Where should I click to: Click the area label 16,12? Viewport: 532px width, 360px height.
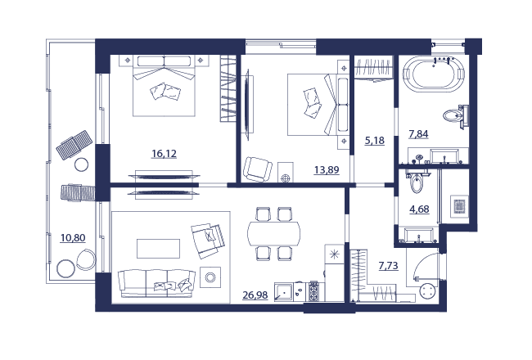164,154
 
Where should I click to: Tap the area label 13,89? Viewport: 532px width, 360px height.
327,169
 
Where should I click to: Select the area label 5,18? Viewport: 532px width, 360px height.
375,140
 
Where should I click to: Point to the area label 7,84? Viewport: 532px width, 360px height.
418,134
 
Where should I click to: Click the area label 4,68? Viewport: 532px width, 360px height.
419,209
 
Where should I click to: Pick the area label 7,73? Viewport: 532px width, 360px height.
388,265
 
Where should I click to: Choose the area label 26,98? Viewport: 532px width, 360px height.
255,295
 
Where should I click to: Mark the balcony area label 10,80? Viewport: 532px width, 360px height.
73,238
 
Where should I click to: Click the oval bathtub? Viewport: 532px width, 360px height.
434,74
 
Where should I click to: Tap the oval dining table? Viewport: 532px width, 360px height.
274,233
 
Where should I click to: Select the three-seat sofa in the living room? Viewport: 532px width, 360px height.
157,284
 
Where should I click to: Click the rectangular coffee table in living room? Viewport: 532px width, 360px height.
158,249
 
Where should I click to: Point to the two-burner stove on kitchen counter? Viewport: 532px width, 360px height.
313,291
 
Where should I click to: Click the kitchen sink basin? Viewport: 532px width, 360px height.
284,292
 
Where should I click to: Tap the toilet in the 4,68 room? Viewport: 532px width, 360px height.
417,182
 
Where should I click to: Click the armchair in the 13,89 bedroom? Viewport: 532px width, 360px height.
258,169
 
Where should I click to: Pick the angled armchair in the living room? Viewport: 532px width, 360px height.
208,240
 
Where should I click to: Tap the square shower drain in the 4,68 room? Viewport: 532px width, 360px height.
459,206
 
